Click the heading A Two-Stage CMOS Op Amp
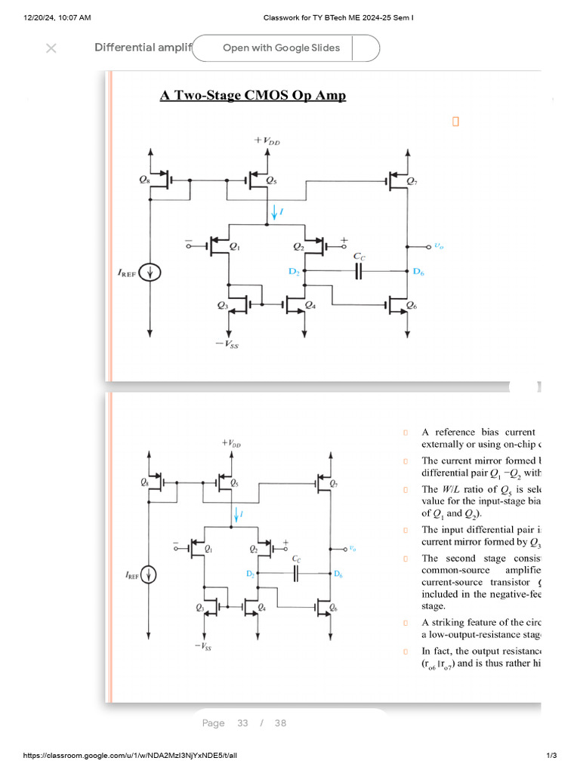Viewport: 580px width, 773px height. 252,95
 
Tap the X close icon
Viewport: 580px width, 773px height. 51,48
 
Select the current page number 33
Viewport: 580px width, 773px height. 242,723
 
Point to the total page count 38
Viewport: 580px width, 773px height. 280,723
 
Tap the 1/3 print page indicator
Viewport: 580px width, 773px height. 551,756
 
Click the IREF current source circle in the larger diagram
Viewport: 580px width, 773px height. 150,273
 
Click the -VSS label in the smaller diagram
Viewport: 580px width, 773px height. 203,647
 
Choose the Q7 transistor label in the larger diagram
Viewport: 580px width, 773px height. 411,181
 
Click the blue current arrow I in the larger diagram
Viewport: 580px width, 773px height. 274,214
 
